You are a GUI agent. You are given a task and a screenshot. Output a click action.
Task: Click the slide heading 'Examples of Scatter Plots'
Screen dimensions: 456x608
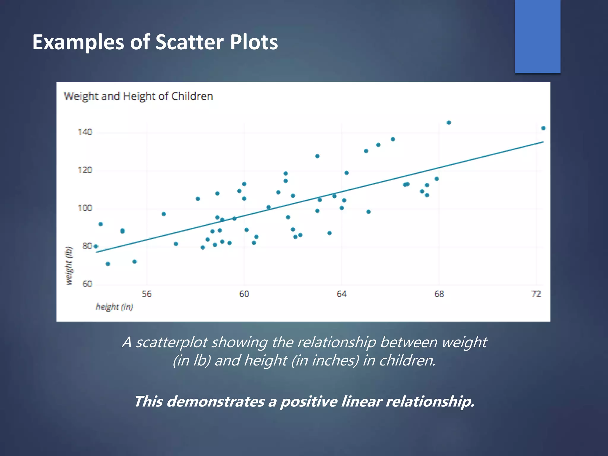coord(155,42)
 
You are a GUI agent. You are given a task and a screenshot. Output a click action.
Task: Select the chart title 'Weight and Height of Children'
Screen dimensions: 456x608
coord(139,96)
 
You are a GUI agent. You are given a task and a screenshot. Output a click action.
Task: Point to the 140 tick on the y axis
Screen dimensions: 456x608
coord(85,132)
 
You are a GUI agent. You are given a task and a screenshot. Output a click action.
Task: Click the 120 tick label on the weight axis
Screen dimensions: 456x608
coord(85,170)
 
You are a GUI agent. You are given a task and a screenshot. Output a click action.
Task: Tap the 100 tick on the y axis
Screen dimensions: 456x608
coord(85,208)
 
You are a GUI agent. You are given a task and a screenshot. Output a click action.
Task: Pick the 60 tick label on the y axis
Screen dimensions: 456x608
coord(87,284)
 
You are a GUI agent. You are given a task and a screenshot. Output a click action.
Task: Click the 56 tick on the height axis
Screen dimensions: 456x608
coord(147,294)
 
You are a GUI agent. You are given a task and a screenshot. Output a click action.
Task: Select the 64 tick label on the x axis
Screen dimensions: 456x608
coord(341,294)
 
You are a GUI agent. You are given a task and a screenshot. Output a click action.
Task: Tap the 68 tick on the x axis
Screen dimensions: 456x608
coord(439,294)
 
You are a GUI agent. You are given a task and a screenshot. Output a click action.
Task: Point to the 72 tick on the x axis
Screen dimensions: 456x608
coord(536,294)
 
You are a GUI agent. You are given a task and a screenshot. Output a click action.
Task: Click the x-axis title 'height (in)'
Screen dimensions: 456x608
coord(115,306)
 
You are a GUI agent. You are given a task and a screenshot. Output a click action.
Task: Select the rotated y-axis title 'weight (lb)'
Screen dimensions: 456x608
coord(69,265)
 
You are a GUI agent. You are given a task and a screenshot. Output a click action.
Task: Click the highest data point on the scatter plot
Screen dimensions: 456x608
coord(449,123)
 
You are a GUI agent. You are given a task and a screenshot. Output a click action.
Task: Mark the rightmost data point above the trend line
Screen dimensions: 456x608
coord(543,128)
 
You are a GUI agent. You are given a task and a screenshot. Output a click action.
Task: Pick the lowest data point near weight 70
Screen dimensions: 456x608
coord(108,264)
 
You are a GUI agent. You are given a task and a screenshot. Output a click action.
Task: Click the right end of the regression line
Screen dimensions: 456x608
coord(543,142)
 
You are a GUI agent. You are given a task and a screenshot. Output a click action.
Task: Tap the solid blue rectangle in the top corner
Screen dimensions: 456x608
coord(537,36)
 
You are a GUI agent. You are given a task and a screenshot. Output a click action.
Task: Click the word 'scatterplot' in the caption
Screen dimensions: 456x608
coord(171,342)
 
